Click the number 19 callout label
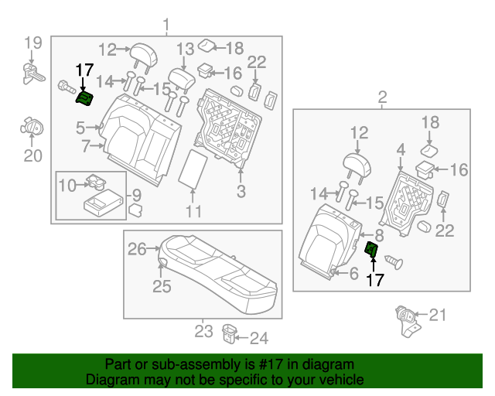[33, 43]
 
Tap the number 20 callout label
[32, 155]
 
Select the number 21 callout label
[437, 315]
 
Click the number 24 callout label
[259, 338]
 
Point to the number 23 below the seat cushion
[203, 331]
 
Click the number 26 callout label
[138, 249]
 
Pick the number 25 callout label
[162, 286]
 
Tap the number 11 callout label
[193, 212]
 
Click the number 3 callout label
[241, 191]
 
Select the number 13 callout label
[185, 49]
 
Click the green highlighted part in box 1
[84, 98]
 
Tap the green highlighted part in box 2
[371, 248]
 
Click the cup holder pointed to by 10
[96, 183]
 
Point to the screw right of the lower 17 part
[394, 261]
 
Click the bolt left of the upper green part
[67, 87]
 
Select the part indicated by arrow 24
[230, 333]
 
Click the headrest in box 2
[357, 166]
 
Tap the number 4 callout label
[401, 149]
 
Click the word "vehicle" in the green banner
[345, 379]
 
